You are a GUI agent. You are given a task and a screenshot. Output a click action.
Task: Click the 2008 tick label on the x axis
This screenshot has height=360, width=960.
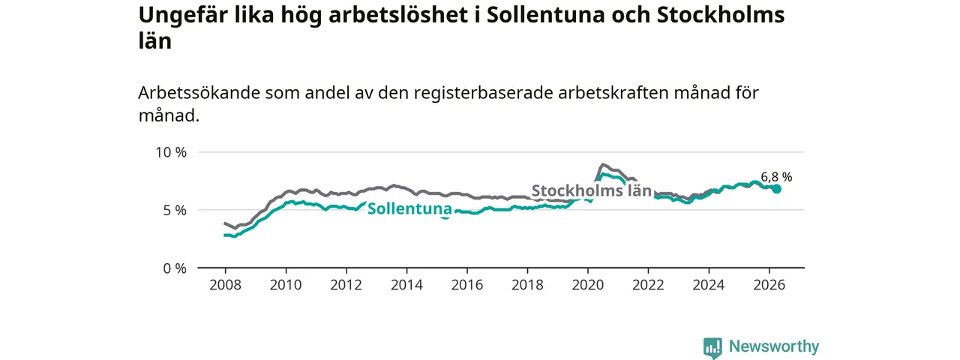226,285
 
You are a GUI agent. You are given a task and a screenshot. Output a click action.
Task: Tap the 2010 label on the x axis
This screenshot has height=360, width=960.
286,285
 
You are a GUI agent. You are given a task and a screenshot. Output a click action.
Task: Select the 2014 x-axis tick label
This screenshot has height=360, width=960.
406,285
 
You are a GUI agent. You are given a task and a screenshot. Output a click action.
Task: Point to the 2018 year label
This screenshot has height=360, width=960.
527,285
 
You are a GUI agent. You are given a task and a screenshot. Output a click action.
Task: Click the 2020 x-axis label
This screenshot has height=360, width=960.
588,285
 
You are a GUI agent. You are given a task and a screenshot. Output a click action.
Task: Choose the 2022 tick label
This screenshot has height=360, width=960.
649,285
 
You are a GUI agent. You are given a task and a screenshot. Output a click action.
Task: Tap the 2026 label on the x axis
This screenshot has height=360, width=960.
769,285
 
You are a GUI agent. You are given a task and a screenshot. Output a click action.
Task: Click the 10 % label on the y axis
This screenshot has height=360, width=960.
171,152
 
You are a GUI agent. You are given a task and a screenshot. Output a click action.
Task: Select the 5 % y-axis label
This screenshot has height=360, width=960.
175,211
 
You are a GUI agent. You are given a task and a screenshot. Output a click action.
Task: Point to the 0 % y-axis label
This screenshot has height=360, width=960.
175,268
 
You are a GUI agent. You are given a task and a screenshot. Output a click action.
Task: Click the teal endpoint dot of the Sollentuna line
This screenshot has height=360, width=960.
776,189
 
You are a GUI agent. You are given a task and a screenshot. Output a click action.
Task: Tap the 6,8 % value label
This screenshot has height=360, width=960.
776,176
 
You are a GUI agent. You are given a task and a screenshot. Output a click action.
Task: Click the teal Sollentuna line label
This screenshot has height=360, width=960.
409,208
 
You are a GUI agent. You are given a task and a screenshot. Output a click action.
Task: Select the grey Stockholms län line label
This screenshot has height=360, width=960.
592,190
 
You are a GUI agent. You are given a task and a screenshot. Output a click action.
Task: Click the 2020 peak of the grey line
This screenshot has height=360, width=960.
602,164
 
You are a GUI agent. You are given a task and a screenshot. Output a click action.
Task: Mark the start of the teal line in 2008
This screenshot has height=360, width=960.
224,235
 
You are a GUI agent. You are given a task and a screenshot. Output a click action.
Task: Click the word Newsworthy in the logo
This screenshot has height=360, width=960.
774,346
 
